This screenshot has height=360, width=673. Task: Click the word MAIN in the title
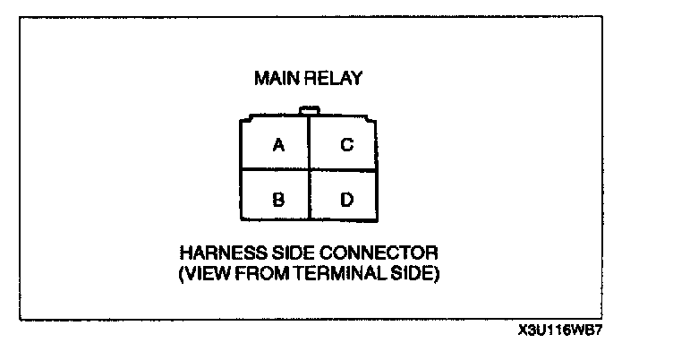tap(275, 79)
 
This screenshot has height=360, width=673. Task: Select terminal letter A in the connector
tap(278, 145)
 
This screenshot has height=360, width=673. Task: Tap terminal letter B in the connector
tap(278, 197)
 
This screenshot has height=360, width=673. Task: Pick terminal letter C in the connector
tap(346, 145)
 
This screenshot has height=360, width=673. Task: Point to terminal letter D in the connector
tap(346, 197)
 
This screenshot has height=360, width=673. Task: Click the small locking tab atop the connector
tap(309, 111)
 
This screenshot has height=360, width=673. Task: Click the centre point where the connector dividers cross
tap(309, 170)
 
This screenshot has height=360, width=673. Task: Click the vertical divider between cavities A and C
tap(309, 143)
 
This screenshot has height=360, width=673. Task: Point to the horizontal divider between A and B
tap(275, 170)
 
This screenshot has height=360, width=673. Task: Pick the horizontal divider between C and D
tap(344, 170)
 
